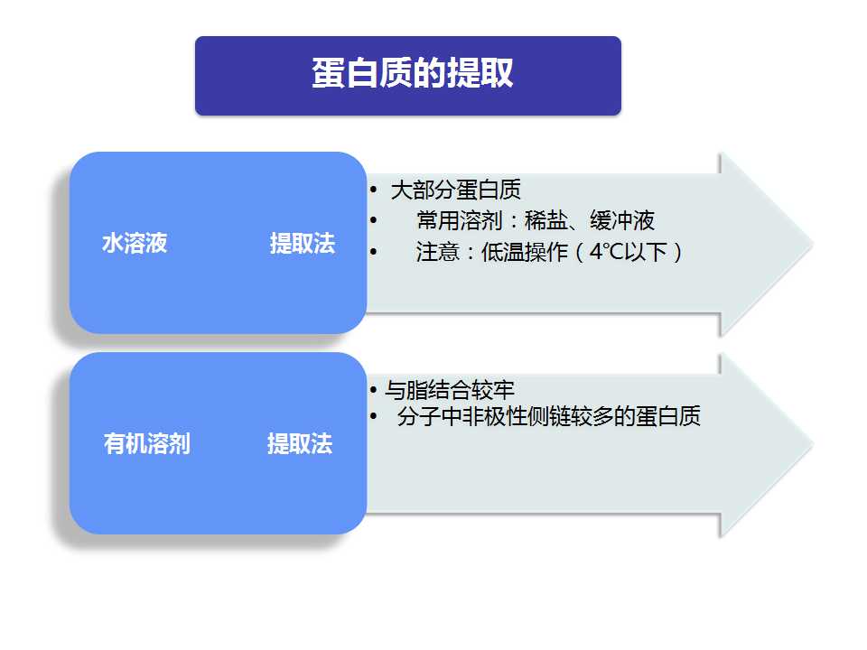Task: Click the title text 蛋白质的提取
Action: tap(413, 73)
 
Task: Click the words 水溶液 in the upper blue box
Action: tap(135, 243)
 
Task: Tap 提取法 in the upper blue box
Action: tap(303, 243)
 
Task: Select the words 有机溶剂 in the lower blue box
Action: tap(147, 444)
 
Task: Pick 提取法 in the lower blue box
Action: tap(300, 444)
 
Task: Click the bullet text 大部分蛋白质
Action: tap(455, 190)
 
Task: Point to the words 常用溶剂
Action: tap(460, 220)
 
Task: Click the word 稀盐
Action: tap(546, 220)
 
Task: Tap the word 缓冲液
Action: tap(622, 220)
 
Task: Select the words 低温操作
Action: tap(525, 252)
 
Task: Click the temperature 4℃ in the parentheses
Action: tap(607, 252)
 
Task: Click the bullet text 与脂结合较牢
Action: tap(450, 390)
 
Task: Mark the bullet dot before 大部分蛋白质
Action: tap(374, 190)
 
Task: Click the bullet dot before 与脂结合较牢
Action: tap(374, 390)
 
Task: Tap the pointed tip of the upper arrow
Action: tap(813, 244)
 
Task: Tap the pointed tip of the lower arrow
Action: tap(813, 444)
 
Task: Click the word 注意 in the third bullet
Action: tap(438, 252)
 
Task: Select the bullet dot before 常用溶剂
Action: tap(374, 220)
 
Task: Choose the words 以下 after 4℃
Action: tap(646, 252)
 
